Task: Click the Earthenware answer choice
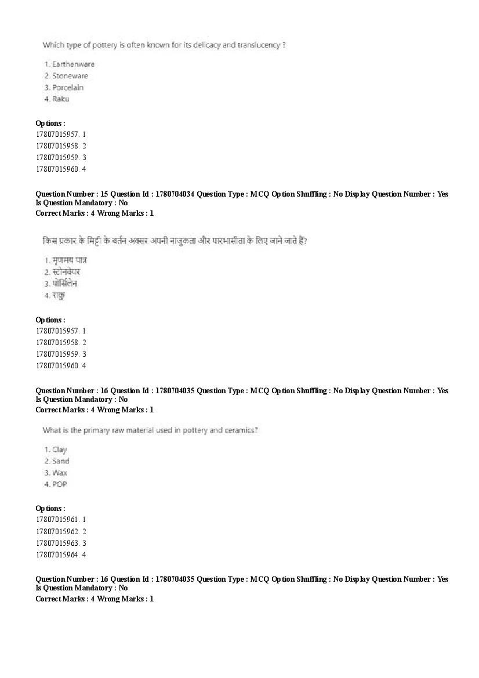coord(72,64)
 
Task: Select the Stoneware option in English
coord(70,76)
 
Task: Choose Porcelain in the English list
coord(67,88)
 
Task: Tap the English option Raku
coord(60,99)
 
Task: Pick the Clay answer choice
coord(59,449)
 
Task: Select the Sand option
coord(60,461)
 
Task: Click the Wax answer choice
coord(59,473)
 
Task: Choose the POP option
coord(59,484)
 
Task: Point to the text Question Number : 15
coord(71,194)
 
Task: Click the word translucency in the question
coord(259,45)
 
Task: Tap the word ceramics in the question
coord(241,430)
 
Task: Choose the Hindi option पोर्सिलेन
coord(64,284)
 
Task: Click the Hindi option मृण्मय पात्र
coord(69,260)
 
